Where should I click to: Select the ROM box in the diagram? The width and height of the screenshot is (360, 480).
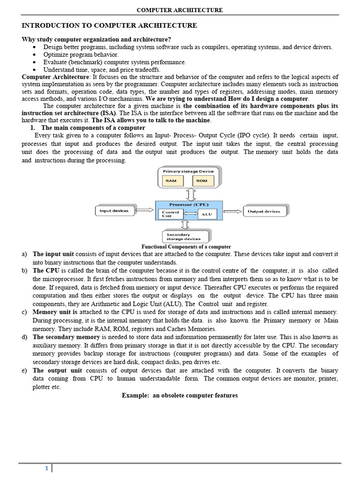202,180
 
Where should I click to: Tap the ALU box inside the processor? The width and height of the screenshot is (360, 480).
206,214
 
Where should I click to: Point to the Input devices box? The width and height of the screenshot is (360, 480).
114,211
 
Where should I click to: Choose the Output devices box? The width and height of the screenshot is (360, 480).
263,211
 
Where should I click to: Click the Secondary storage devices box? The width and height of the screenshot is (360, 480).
186,237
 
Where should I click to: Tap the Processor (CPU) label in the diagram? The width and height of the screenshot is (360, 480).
189,204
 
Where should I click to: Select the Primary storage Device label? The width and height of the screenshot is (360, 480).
188,172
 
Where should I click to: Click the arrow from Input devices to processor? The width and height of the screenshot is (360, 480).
144,211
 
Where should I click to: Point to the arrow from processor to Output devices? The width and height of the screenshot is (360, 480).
232,211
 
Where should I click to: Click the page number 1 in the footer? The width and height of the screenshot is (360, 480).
47,468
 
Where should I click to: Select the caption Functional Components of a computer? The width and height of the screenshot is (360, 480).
186,247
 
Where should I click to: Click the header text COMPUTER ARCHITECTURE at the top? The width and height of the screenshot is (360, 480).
180,10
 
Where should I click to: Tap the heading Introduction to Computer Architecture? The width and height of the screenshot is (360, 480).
109,25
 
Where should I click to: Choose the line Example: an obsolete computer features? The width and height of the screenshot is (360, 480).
180,395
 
